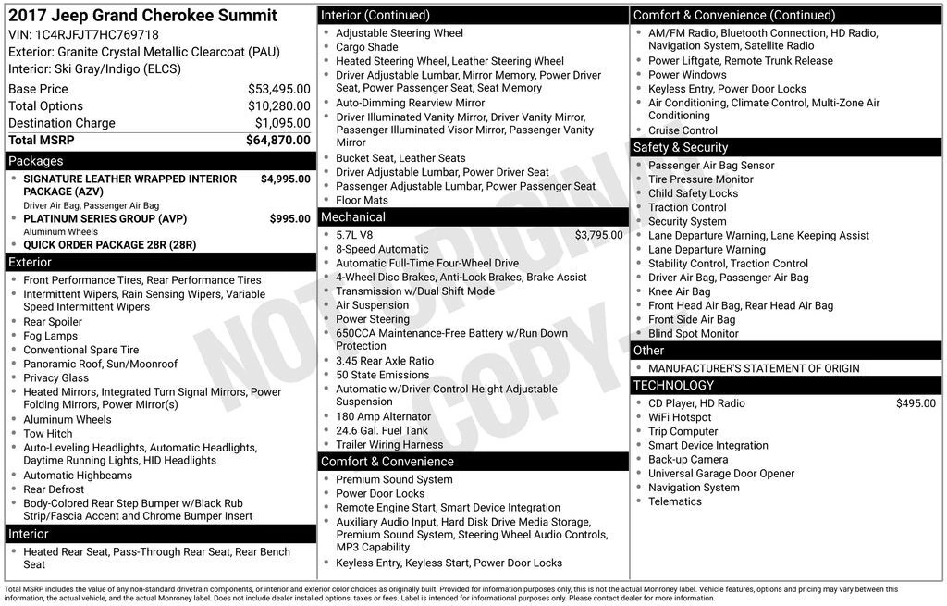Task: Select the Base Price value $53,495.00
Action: (x=278, y=89)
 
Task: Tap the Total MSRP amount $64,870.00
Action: (x=277, y=140)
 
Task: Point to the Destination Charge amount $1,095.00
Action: (x=282, y=123)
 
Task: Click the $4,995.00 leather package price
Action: (x=285, y=179)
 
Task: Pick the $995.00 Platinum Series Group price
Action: (x=289, y=219)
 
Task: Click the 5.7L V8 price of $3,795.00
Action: (x=598, y=235)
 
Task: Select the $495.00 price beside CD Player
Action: (x=916, y=403)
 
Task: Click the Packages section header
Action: (x=36, y=161)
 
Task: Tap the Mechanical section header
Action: (x=352, y=217)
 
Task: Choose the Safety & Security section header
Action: (x=680, y=148)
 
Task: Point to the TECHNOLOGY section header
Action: (x=673, y=386)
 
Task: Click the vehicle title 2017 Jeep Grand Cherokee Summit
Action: (x=142, y=16)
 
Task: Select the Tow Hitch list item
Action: (x=48, y=434)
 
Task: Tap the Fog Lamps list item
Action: (x=51, y=337)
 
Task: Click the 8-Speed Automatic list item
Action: (x=382, y=249)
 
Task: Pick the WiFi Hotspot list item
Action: (x=680, y=417)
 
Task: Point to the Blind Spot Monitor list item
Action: (x=693, y=334)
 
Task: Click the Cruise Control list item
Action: (x=683, y=130)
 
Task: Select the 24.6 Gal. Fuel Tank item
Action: (x=382, y=430)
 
